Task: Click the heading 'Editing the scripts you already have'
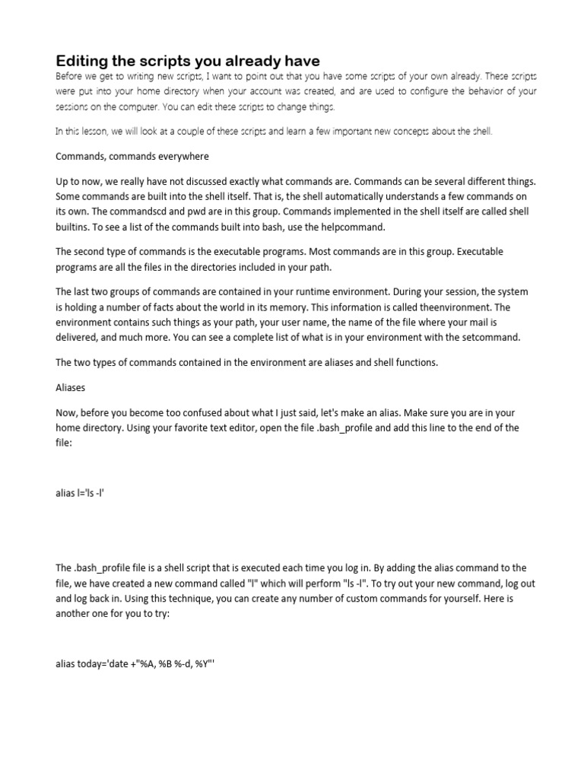tap(188, 60)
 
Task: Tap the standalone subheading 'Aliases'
tap(71, 387)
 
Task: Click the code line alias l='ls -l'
tap(85, 492)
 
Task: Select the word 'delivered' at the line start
tap(78, 337)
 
